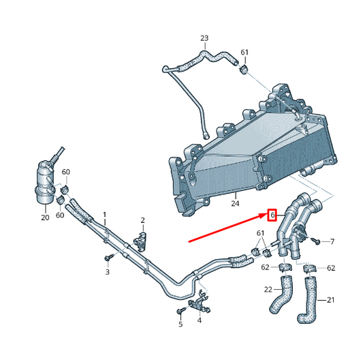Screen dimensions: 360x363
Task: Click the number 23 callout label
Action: point(204,37)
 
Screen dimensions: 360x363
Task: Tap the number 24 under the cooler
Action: point(234,202)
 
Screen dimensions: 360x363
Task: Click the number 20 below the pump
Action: point(45,217)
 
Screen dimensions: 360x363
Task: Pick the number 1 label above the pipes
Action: point(105,214)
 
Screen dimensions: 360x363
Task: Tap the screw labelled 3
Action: point(108,258)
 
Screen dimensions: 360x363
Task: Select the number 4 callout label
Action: point(199,320)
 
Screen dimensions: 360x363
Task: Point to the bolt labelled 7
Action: point(315,241)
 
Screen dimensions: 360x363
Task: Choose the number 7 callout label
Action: point(332,241)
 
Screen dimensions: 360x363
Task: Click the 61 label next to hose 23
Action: point(244,52)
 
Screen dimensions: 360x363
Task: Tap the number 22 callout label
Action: point(268,290)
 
